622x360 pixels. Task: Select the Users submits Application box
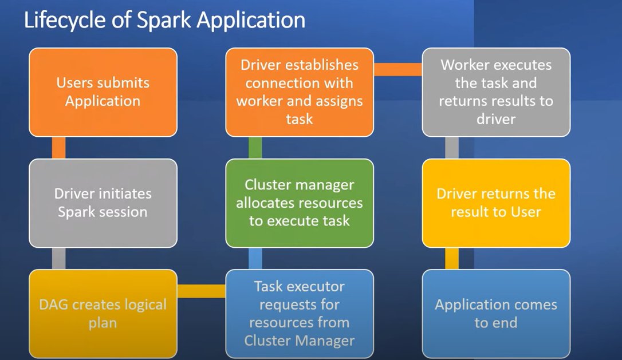103,92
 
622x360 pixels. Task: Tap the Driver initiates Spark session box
103,203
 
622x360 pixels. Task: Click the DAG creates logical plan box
103,314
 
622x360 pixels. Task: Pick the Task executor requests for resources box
300,314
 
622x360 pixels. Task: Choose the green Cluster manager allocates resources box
300,203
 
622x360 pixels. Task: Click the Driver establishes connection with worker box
300,92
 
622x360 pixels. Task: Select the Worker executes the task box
496,92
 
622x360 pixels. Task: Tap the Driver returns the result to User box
496,203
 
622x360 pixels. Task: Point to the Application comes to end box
496,314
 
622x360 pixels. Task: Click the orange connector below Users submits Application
58,148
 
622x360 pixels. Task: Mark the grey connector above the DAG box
58,258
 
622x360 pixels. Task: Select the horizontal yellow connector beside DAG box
201,291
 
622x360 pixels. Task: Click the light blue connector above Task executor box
255,258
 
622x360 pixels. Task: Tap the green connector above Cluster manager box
255,148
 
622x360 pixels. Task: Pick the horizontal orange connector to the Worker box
397,69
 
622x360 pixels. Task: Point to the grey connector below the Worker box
452,148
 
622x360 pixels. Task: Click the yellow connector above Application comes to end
452,258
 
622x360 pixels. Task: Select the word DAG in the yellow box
53,304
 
